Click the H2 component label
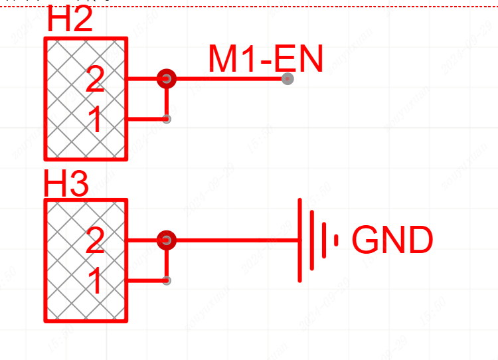70,22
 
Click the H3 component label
66,184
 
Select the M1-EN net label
265,59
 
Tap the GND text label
392,240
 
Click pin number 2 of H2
95,80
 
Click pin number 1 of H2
95,121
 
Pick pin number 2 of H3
95,242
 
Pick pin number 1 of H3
95,282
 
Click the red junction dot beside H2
167,79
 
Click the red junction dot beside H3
167,240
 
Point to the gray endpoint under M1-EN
287,79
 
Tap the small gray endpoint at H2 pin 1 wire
167,120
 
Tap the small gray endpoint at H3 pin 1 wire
167,281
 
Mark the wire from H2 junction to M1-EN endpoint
226,79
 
